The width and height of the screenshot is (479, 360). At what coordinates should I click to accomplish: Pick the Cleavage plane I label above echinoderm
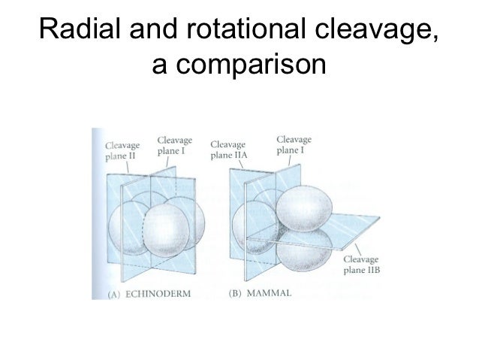[174, 145]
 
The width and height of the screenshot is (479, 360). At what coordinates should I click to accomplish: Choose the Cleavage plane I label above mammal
[294, 144]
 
